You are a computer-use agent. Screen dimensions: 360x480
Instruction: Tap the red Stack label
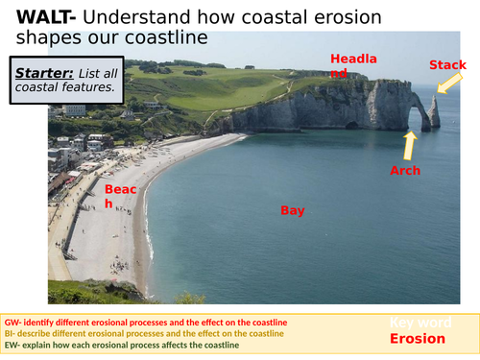446,64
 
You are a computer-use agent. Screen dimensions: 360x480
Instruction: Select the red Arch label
404,170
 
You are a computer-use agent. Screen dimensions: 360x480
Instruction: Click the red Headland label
353,65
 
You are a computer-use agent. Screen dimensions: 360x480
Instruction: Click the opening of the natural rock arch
420,119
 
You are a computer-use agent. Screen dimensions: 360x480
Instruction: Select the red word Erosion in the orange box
417,339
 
